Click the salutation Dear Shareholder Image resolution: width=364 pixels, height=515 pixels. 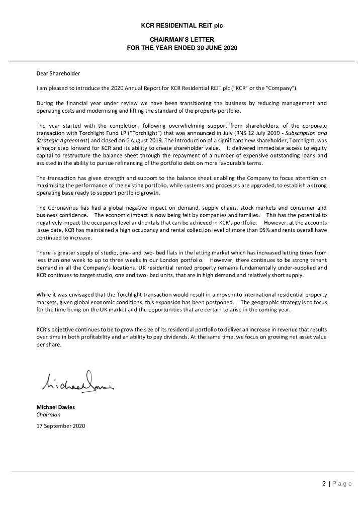coord(58,74)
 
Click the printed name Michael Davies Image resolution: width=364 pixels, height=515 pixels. coord(55,407)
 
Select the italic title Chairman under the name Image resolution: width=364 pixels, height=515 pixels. coord(48,415)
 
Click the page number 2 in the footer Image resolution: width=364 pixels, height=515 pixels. coord(324,484)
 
